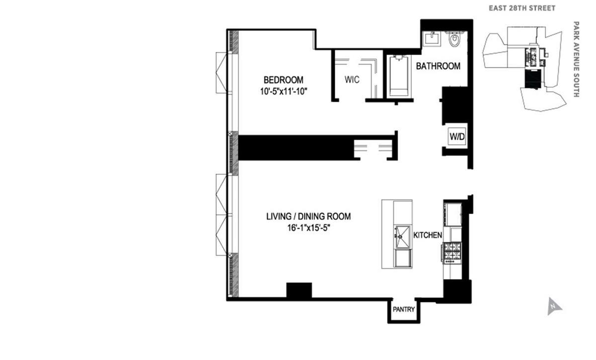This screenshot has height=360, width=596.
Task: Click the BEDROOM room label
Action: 283,80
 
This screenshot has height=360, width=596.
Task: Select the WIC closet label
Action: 352,80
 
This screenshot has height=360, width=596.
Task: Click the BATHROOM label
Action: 438,66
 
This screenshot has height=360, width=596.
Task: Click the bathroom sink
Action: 431,38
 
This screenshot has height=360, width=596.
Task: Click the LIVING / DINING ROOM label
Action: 308,216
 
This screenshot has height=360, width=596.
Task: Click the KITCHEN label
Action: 428,235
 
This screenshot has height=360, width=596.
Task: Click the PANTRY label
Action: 404,309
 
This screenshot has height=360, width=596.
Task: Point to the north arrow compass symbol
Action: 553,306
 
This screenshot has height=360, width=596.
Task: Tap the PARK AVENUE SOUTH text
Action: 577,59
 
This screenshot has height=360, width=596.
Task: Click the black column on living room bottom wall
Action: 299,290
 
